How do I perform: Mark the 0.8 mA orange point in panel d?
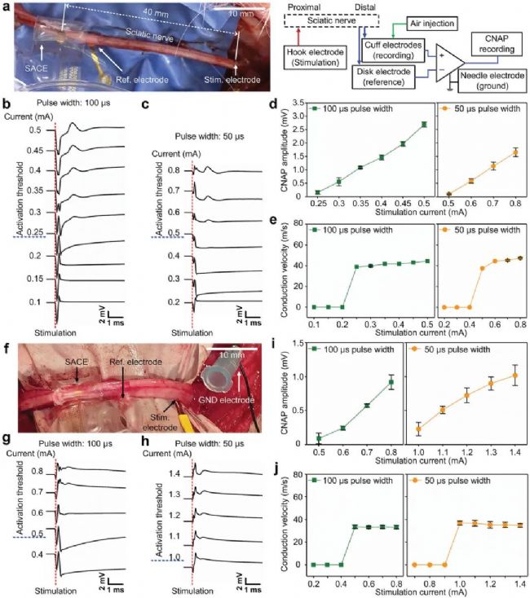[515, 152]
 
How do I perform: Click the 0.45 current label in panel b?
[33, 150]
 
